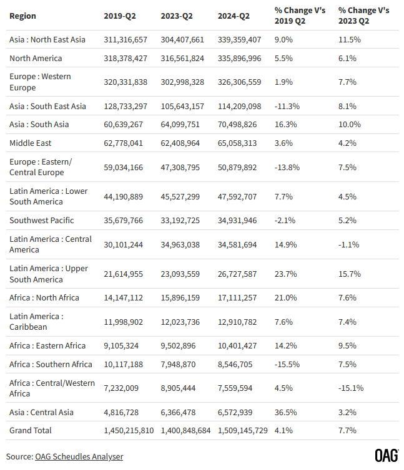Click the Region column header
tap(22, 16)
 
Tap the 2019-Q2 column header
tap(121, 16)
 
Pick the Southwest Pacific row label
tap(41, 220)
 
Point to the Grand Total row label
tap(31, 430)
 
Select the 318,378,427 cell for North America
tap(126, 58)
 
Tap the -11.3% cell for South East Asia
tap(287, 106)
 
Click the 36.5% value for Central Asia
tap(285, 412)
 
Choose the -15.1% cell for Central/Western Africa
tap(351, 388)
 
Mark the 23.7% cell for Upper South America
tap(285, 274)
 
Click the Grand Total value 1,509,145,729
tap(243, 430)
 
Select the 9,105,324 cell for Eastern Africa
tap(121, 345)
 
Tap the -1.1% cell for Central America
tap(348, 244)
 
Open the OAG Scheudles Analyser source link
tap(79, 456)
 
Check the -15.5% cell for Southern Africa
tap(287, 364)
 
